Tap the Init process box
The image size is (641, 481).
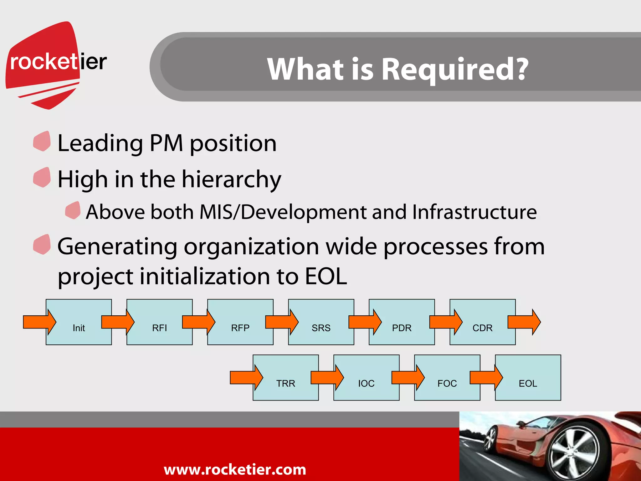(79, 328)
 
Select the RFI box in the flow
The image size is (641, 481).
(160, 328)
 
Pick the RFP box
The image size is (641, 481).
(240, 328)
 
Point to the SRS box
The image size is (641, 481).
(321, 328)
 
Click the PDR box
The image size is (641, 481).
(402, 328)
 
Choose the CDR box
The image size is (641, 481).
(483, 328)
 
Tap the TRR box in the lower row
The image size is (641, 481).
(286, 383)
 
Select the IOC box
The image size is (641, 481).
(367, 383)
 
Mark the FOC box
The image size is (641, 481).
(447, 383)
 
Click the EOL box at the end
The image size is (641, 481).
(528, 383)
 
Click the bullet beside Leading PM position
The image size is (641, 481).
(42, 141)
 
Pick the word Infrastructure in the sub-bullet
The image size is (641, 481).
(474, 212)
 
